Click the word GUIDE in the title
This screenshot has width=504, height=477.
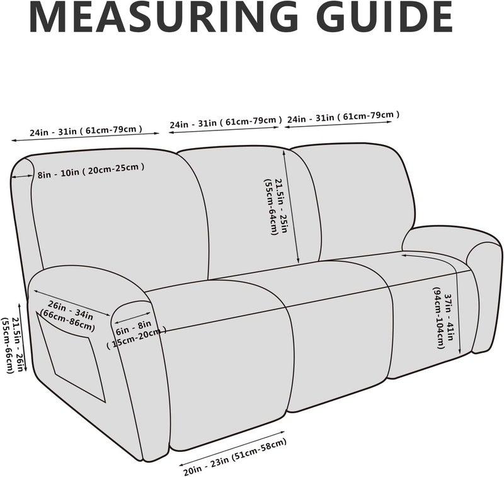click(384, 17)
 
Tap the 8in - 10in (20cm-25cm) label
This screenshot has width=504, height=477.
click(91, 171)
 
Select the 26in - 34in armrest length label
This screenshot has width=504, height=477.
click(67, 316)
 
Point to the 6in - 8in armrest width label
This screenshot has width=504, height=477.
click(136, 335)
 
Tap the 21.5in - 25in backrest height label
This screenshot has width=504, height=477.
click(275, 207)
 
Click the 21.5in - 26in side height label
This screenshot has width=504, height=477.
click(12, 345)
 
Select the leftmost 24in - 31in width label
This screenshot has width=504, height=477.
click(86, 130)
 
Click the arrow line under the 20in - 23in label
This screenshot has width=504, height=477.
click(232, 449)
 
